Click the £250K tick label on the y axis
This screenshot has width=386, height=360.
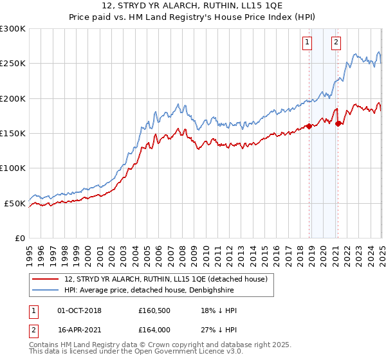click(13, 64)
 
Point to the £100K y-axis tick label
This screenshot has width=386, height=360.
click(13, 168)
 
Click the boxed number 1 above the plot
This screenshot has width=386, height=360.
click(307, 43)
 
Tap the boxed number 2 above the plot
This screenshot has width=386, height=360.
click(336, 43)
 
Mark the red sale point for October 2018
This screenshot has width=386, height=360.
click(309, 126)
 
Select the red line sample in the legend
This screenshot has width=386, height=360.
click(46, 279)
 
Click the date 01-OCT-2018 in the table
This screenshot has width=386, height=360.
click(79, 310)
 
